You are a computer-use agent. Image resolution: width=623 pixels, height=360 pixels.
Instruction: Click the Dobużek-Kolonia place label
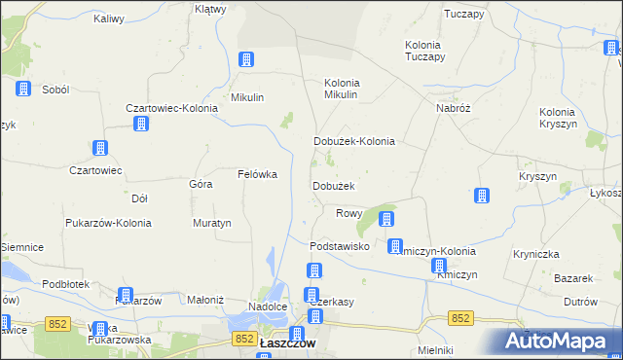tap(353, 141)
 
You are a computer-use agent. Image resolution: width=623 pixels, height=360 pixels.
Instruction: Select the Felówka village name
tap(258, 175)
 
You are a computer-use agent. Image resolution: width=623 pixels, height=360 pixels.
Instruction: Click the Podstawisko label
tap(339, 247)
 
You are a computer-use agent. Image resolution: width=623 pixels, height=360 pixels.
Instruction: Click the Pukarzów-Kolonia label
tap(108, 223)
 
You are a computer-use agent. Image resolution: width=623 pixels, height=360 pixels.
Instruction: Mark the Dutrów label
tap(580, 302)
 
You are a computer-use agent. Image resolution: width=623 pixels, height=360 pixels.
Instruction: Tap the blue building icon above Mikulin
tap(246, 59)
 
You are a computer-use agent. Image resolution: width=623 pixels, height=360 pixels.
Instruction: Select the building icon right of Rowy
tap(386, 220)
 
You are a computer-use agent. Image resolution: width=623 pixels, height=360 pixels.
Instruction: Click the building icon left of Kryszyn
tap(481, 197)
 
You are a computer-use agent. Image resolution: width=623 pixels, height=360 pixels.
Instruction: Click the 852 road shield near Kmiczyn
tap(461, 318)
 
